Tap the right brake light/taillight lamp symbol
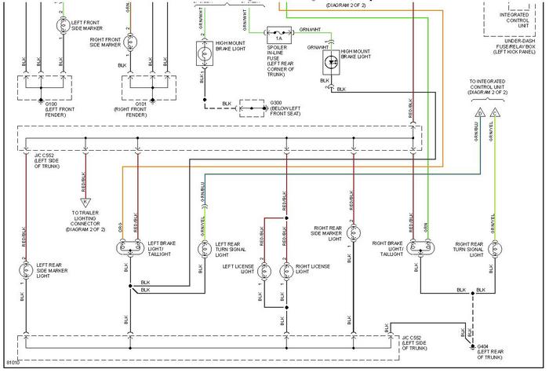pos(416,249)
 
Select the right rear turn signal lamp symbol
pos(493,250)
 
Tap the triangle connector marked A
pos(85,201)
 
